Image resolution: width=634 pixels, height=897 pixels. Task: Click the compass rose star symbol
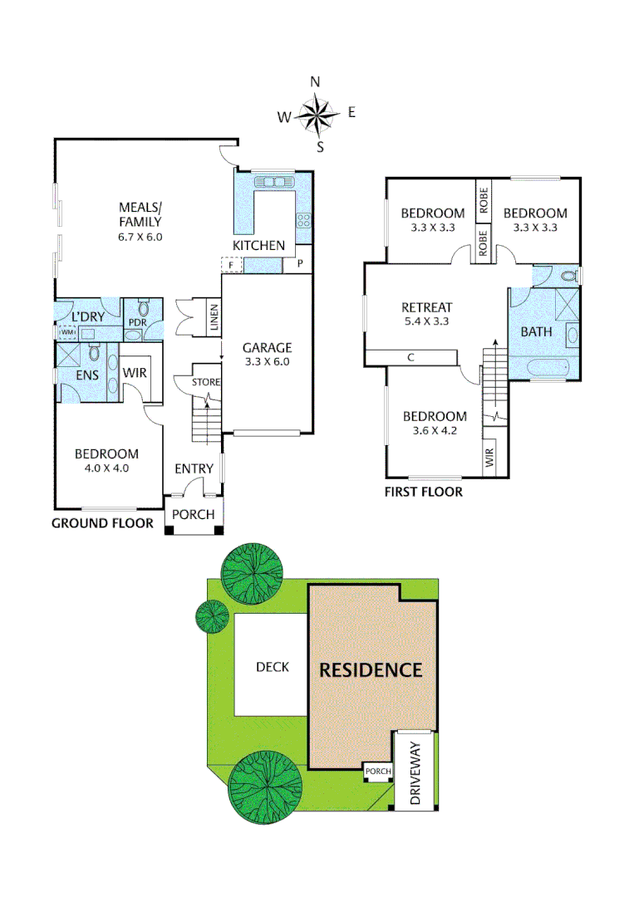click(x=317, y=115)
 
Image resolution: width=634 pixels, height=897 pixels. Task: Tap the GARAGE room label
click(x=267, y=348)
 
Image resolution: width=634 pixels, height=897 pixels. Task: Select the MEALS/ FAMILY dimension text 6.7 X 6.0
click(x=140, y=236)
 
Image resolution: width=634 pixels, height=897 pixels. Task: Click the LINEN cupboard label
click(x=214, y=317)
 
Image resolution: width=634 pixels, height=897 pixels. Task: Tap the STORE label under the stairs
click(x=205, y=382)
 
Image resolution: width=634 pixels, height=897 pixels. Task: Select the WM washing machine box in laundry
click(x=66, y=332)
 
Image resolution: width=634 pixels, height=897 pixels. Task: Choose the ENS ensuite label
click(x=87, y=375)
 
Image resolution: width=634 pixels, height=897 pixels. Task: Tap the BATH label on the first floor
click(x=536, y=332)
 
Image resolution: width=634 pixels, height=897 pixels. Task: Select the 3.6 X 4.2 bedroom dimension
click(x=435, y=430)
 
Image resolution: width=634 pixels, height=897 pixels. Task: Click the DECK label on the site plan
click(x=272, y=667)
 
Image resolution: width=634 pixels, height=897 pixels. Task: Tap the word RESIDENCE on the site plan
click(x=371, y=669)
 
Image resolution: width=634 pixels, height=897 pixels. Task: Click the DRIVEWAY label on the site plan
click(x=416, y=777)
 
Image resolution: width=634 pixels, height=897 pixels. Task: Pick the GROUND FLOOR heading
click(x=102, y=523)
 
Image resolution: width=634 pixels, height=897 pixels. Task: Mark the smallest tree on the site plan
click(x=212, y=615)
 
